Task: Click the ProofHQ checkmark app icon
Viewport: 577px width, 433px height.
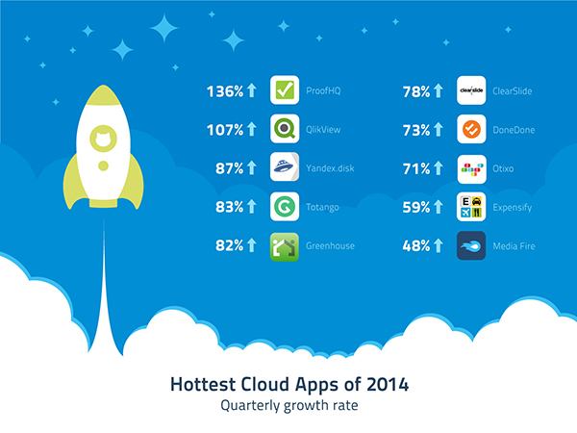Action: point(285,90)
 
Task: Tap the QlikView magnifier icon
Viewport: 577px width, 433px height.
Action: point(285,129)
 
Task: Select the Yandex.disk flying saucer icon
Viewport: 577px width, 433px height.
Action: point(285,166)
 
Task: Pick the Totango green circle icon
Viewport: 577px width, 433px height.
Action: point(285,207)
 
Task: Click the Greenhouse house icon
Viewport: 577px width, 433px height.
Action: point(285,246)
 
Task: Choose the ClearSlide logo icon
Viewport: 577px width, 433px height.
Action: point(471,90)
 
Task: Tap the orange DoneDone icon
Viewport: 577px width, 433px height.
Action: point(471,129)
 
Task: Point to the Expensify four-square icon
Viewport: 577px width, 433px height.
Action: point(471,207)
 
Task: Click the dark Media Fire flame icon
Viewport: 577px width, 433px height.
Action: point(471,245)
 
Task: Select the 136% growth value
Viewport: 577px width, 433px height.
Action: point(225,91)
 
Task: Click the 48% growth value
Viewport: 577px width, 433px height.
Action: point(416,246)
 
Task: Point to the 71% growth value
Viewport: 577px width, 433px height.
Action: point(416,169)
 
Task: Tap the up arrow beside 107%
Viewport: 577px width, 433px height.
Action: point(251,129)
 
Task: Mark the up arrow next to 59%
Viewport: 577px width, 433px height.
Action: point(438,207)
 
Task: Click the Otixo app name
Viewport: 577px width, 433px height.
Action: point(503,168)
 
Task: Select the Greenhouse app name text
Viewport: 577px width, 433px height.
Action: point(330,246)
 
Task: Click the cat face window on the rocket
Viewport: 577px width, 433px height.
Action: point(104,139)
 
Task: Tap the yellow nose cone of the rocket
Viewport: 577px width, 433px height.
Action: point(104,94)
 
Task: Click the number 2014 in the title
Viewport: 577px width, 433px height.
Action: point(388,384)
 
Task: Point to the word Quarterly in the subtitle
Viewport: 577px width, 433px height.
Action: point(250,406)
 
